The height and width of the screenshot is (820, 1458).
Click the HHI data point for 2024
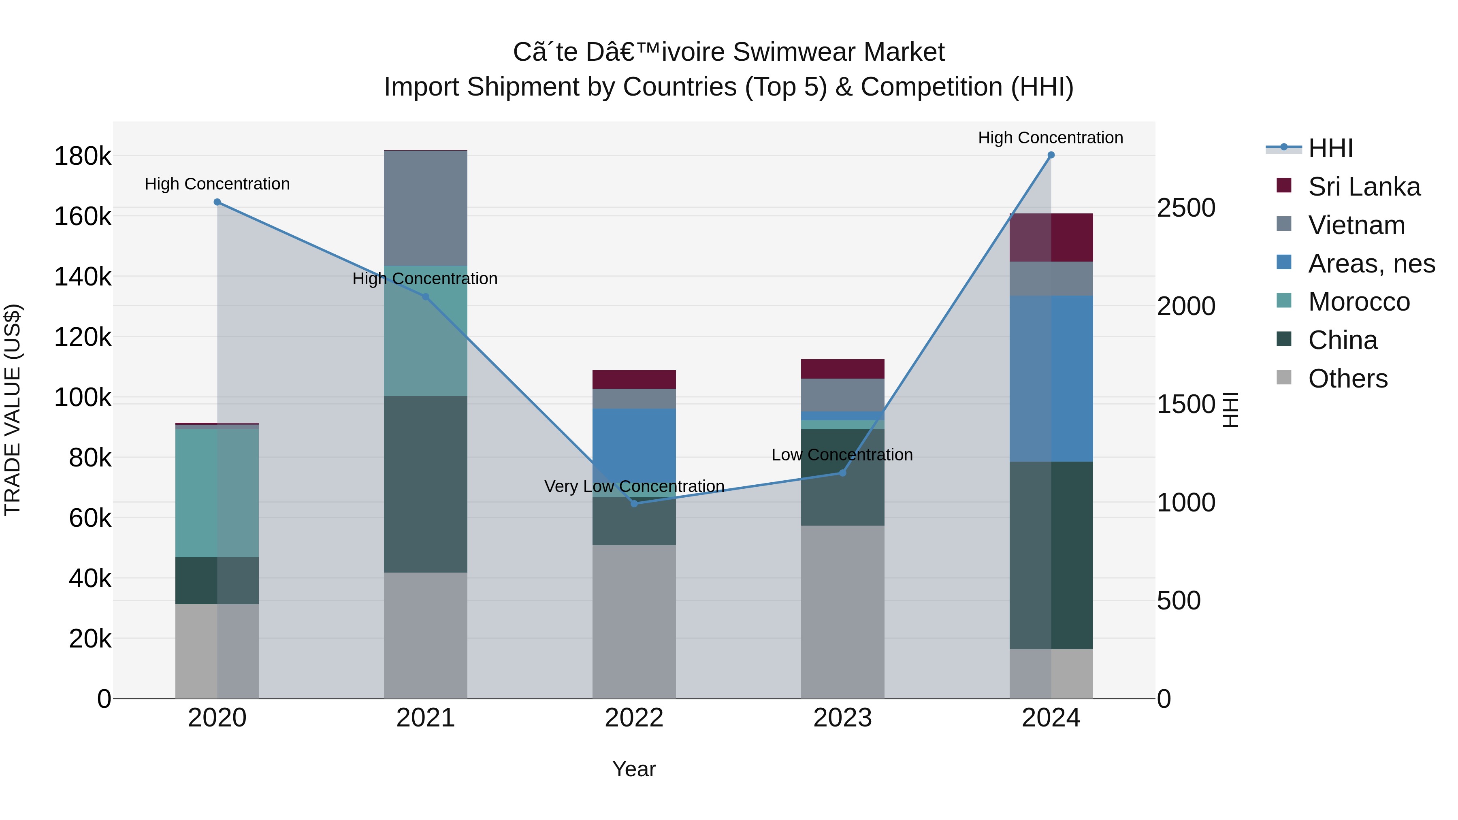(1051, 155)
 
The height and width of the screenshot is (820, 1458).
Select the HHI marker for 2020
(217, 202)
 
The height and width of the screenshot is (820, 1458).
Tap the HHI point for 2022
(634, 503)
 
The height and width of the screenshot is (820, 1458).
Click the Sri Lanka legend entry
(1364, 187)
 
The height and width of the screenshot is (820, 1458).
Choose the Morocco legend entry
(1358, 302)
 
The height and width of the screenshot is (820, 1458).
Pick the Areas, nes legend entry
(1371, 264)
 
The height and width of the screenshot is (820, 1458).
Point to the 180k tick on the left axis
(83, 156)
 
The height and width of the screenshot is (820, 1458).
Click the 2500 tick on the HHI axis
(1186, 208)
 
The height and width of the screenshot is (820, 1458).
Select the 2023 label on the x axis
(842, 718)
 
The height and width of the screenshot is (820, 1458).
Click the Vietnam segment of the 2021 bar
(426, 208)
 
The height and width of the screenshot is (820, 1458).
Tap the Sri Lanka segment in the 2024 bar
(1051, 238)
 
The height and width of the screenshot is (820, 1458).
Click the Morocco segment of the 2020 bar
(217, 493)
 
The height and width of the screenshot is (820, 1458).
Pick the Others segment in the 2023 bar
(842, 611)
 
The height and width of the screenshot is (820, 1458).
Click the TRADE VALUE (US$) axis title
(13, 410)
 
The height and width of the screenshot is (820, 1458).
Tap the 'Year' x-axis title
(634, 769)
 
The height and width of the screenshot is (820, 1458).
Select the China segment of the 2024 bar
(1051, 555)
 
